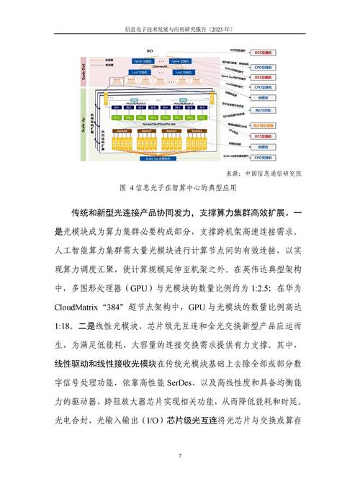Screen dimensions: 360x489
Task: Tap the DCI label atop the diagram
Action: (x=150, y=51)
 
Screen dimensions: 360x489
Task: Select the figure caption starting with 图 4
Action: (x=180, y=188)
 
